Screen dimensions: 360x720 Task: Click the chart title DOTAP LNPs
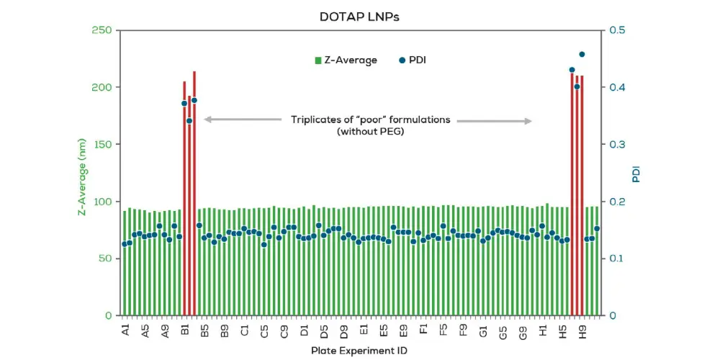[359, 17]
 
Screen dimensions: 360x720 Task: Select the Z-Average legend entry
[346, 60]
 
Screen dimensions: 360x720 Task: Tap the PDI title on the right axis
[636, 174]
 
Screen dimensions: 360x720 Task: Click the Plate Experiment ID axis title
[359, 350]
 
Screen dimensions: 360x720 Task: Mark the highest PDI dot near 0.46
[582, 54]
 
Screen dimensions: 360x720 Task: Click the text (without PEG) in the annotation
[370, 132]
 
